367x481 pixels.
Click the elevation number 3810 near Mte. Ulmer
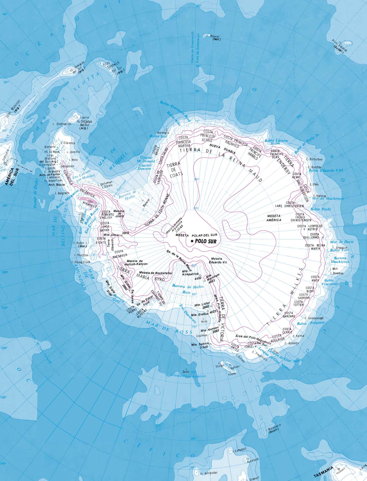pyautogui.click(x=125, y=233)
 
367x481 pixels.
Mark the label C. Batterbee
pyautogui.click(x=316, y=159)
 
